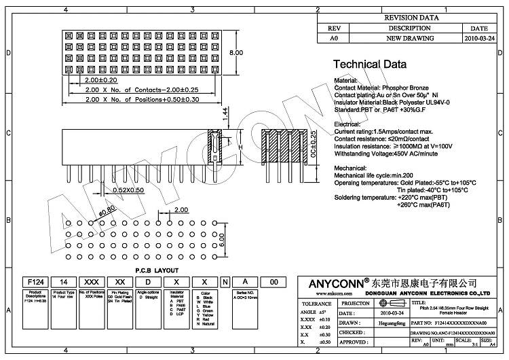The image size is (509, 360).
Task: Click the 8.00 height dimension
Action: point(236,53)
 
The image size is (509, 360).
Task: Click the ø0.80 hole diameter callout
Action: point(107,211)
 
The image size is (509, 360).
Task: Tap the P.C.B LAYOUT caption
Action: point(157,270)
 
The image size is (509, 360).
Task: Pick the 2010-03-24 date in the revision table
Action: point(479,39)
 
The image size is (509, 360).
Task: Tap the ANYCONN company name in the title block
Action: point(331,282)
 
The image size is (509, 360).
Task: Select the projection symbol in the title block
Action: point(387,304)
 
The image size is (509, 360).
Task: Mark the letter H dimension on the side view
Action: point(240,147)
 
